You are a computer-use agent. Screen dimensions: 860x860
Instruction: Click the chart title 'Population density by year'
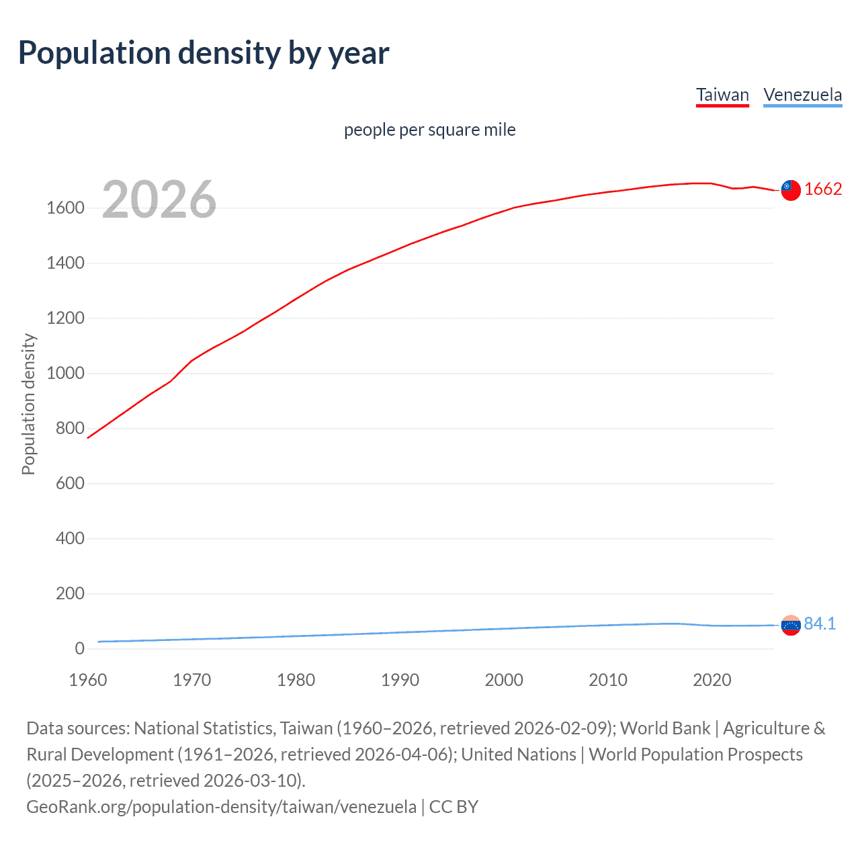coord(203,53)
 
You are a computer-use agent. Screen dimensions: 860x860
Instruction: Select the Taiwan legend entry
coord(722,95)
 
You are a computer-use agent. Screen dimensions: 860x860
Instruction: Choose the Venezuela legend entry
coord(802,95)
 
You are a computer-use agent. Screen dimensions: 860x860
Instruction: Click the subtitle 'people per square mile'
coord(429,130)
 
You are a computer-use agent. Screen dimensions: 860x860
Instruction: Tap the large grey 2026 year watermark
coord(159,200)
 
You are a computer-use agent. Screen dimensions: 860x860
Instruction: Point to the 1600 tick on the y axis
coord(65,208)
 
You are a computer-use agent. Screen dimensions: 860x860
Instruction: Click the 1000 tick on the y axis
coord(65,374)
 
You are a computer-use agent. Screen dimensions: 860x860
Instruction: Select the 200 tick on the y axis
coord(70,594)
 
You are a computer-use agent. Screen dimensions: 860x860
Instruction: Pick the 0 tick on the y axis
coord(79,649)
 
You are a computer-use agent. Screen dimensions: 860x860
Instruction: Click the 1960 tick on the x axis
coord(88,680)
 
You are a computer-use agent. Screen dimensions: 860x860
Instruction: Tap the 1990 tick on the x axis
coord(400,680)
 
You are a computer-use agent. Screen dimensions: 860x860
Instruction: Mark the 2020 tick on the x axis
coord(712,680)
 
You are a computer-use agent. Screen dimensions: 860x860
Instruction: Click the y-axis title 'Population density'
coord(28,404)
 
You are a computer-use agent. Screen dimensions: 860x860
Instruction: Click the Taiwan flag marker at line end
coord(791,190)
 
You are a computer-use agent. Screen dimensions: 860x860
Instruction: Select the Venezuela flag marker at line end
coord(791,626)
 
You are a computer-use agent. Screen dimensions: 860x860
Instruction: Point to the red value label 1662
coord(823,189)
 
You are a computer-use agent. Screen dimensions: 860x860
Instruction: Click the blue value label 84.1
coord(820,624)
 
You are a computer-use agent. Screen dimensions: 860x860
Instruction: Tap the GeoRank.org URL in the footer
coord(221,806)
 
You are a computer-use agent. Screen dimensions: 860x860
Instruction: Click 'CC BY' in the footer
coord(454,806)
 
